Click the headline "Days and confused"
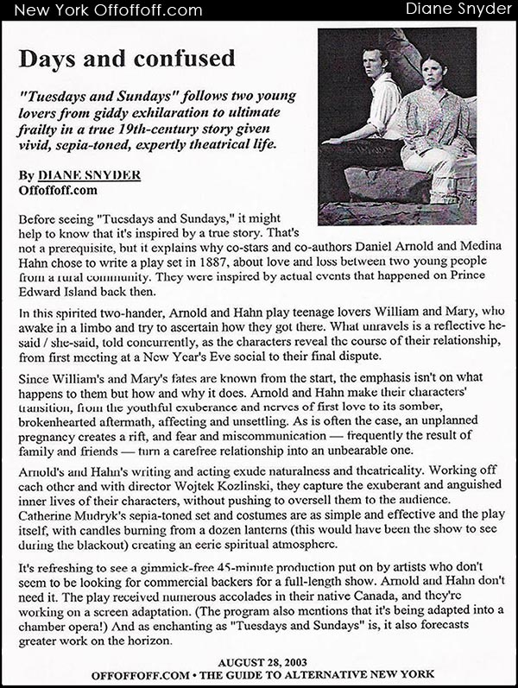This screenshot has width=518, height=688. (x=126, y=59)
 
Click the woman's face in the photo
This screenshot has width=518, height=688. (x=433, y=74)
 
